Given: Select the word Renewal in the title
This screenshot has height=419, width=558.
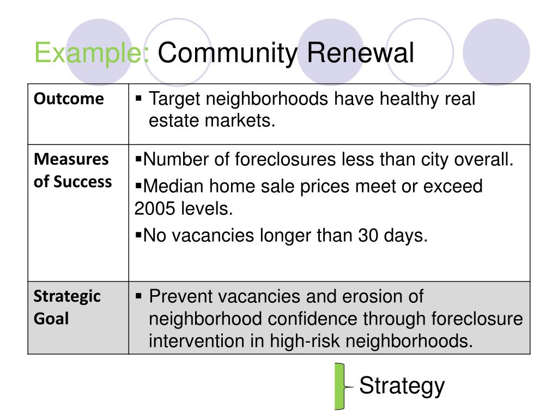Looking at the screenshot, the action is [x=361, y=53].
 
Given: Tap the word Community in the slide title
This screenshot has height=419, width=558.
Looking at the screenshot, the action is [x=227, y=53].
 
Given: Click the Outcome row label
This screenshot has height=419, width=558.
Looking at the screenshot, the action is [x=69, y=99].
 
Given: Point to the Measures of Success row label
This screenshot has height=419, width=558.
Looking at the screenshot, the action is [x=72, y=170].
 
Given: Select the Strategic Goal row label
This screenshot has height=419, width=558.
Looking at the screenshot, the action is [x=67, y=308].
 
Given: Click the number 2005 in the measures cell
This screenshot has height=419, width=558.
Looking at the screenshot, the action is [x=155, y=208].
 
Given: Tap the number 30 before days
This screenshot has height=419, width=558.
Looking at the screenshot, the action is [x=368, y=236].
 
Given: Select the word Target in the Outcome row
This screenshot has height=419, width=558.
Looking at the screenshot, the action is [x=174, y=99].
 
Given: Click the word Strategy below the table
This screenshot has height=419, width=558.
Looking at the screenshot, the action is [x=402, y=386].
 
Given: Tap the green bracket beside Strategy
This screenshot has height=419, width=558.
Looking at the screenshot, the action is [x=339, y=386].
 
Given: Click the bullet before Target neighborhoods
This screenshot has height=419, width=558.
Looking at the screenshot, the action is [x=138, y=98].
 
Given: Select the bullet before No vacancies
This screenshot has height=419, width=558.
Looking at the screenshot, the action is [x=138, y=235].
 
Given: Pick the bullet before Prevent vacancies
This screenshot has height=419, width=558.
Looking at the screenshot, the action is [x=138, y=296].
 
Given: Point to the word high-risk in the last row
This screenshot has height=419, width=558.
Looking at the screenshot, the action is [x=305, y=342].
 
